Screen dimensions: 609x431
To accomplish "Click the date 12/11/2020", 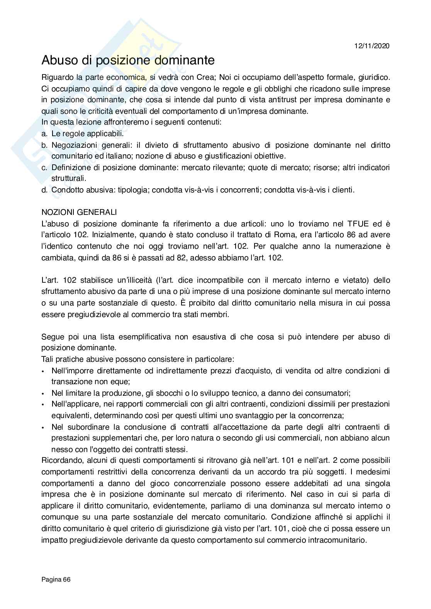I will [x=372, y=46].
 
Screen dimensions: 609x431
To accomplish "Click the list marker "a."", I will [x=44, y=134].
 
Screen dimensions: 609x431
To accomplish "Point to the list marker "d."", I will [x=44, y=190].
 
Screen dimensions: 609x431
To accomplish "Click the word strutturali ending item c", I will [x=69, y=179].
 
